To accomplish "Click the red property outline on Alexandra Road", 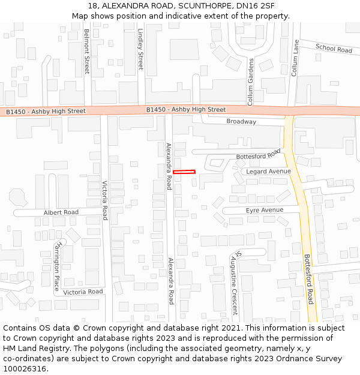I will pos(184,172).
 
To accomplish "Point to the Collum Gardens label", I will pos(251,82).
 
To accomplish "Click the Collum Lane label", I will pos(295,57).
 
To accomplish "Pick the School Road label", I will pos(334,49).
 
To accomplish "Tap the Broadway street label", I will pos(241,122).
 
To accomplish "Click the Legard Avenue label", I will pos(269,172).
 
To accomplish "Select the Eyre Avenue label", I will pos(265,210).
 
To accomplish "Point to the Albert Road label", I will pos(61,212).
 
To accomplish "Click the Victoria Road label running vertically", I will pos(104,200).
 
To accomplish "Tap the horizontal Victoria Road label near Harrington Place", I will pos(83,292).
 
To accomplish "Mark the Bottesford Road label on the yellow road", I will pos(309,278).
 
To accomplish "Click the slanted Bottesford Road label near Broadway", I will pos(258,154).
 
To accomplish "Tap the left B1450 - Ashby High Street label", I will pos(46,112).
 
